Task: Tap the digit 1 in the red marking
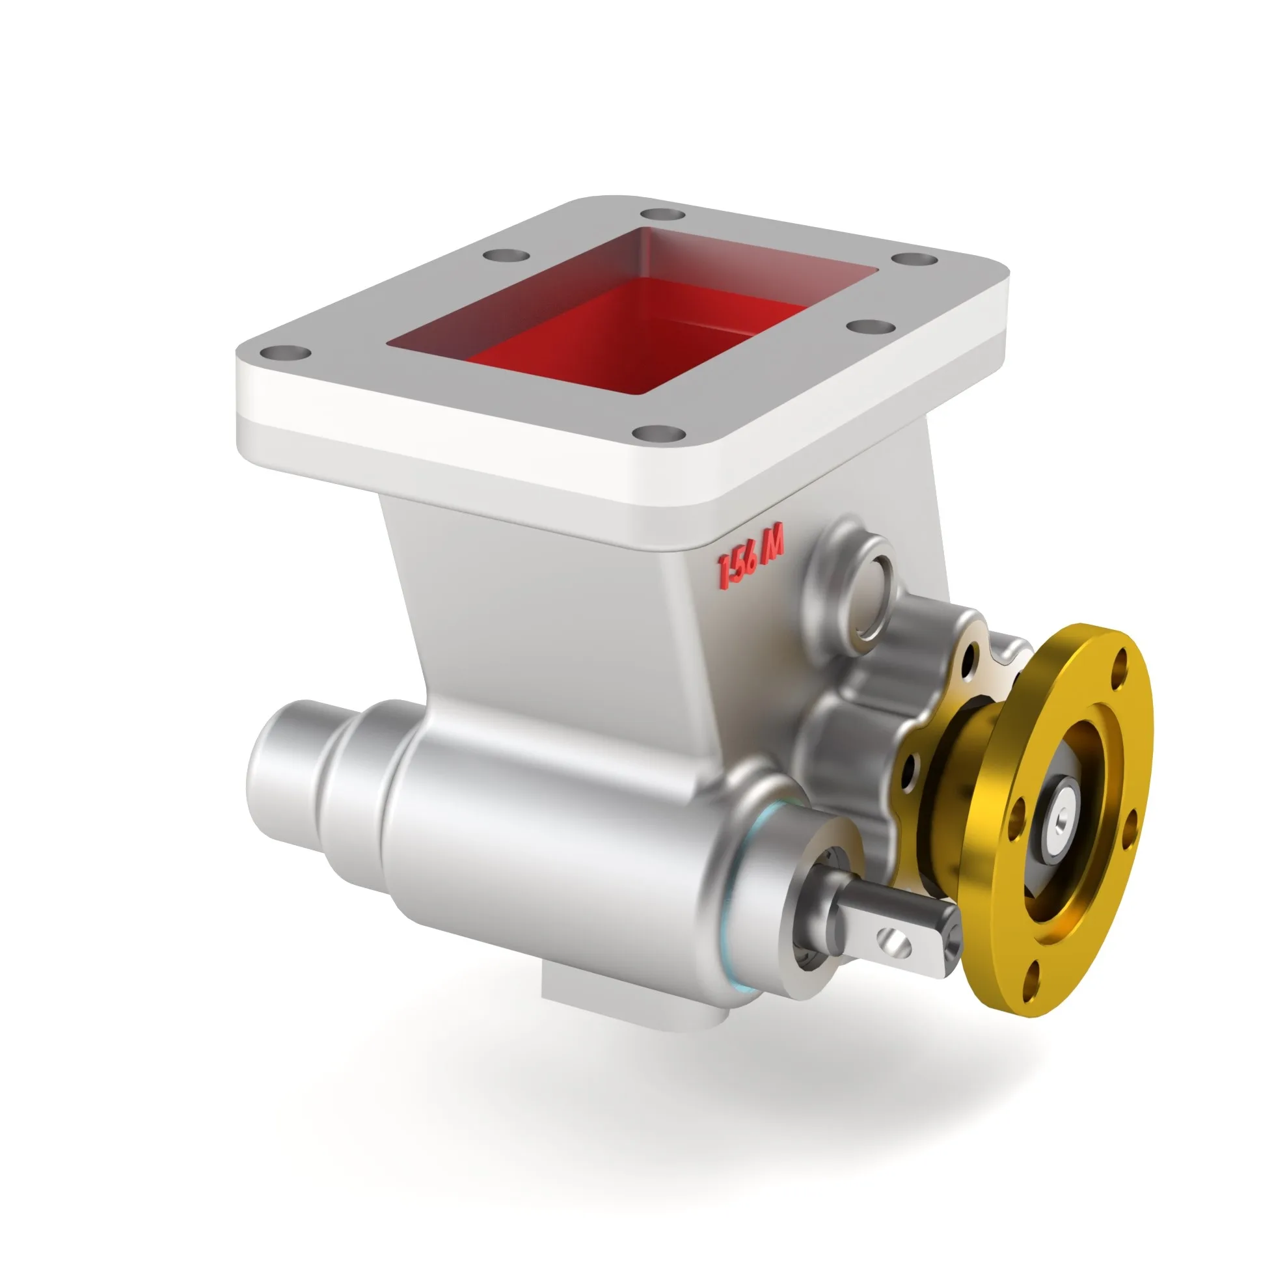click(724, 572)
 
